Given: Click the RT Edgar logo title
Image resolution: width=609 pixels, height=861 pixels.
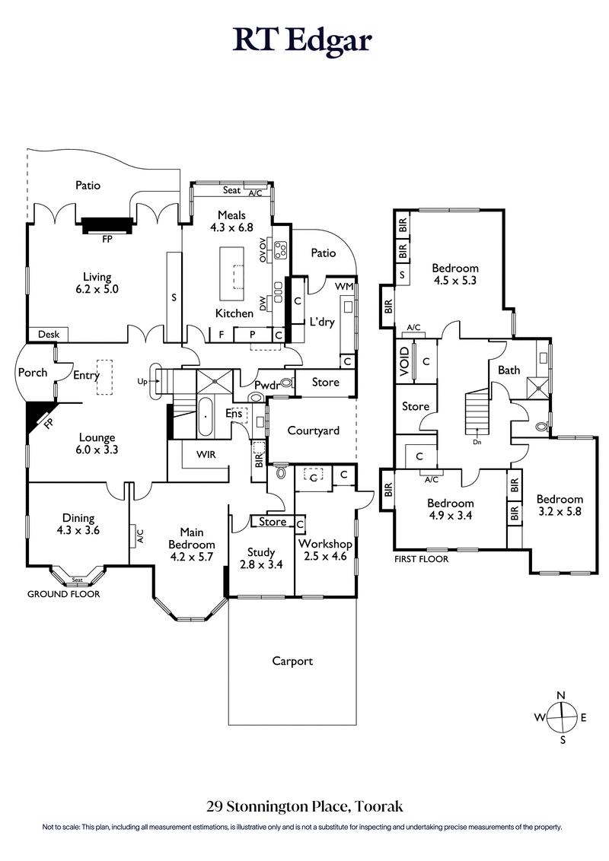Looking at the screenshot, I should pyautogui.click(x=304, y=40).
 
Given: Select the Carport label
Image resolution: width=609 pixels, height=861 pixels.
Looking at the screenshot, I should pyautogui.click(x=292, y=661).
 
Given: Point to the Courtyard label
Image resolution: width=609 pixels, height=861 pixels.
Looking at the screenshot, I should pyautogui.click(x=312, y=430).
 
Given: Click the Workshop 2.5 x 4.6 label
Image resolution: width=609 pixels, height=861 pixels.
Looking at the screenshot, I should pyautogui.click(x=325, y=551).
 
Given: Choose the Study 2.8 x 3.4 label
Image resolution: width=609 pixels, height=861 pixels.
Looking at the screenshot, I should pyautogui.click(x=260, y=558).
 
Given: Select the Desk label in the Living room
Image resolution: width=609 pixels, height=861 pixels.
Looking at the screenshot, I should pyautogui.click(x=48, y=335).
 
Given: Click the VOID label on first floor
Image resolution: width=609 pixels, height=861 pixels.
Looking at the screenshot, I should pyautogui.click(x=403, y=361).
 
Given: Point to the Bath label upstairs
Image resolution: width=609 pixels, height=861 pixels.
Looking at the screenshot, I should pyautogui.click(x=509, y=370).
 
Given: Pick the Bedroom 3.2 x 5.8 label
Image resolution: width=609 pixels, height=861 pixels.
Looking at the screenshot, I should pyautogui.click(x=560, y=506).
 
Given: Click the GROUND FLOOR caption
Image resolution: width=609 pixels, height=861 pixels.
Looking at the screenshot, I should pyautogui.click(x=63, y=594).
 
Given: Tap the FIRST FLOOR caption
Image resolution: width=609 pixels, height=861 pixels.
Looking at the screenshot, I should pyautogui.click(x=421, y=559).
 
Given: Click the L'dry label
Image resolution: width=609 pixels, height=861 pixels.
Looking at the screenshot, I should pyautogui.click(x=321, y=322).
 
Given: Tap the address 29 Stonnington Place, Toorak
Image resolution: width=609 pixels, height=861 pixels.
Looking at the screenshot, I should pyautogui.click(x=304, y=805).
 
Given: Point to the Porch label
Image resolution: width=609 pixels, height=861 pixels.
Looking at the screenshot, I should pyautogui.click(x=32, y=373).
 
